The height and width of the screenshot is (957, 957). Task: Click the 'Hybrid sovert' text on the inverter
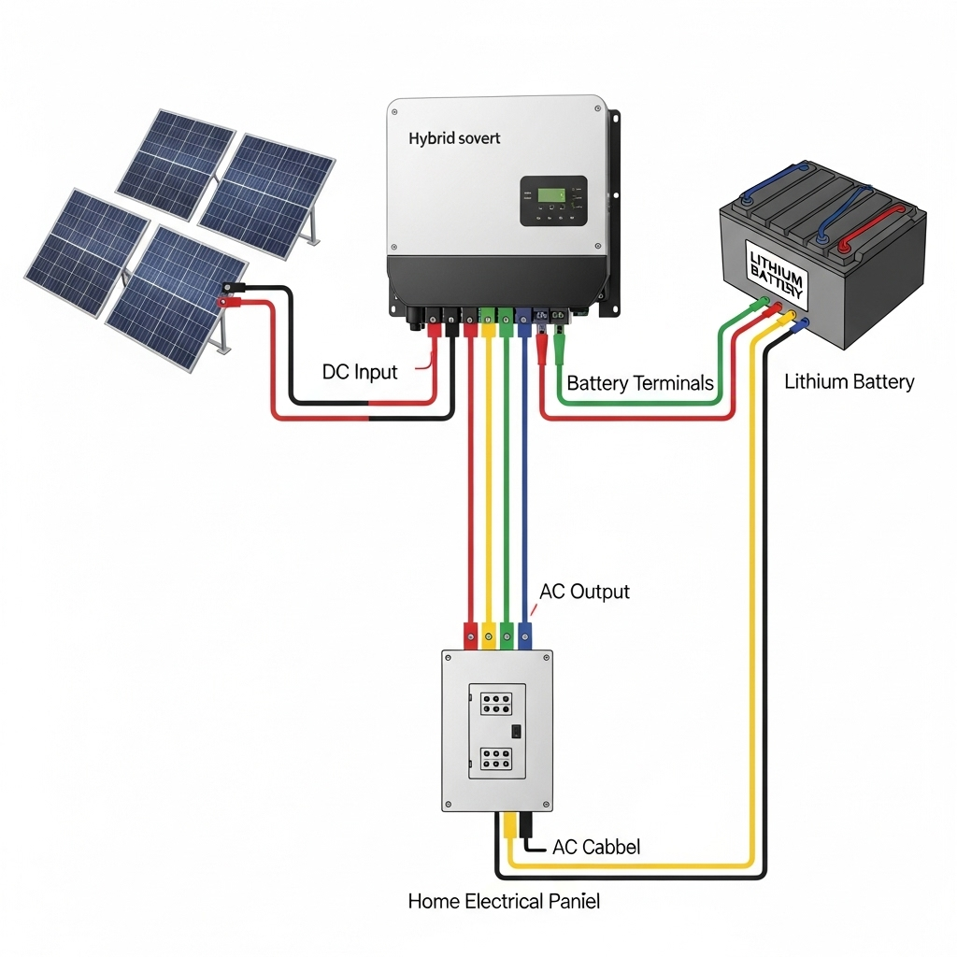pos(454,138)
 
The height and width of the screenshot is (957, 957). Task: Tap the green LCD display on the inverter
pos(550,195)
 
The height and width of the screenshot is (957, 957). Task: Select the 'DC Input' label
pos(360,372)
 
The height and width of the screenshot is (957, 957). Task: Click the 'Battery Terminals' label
pos(640,383)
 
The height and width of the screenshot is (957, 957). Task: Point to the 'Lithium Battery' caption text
pos(849,381)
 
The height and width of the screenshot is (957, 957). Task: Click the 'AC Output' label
pos(585,592)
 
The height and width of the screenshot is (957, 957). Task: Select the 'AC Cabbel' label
pos(596,847)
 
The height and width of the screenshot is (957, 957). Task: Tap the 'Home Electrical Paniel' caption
pos(504,902)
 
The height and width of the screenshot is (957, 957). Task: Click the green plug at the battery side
pos(764,302)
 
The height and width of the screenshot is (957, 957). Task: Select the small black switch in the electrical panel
pos(515,732)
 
